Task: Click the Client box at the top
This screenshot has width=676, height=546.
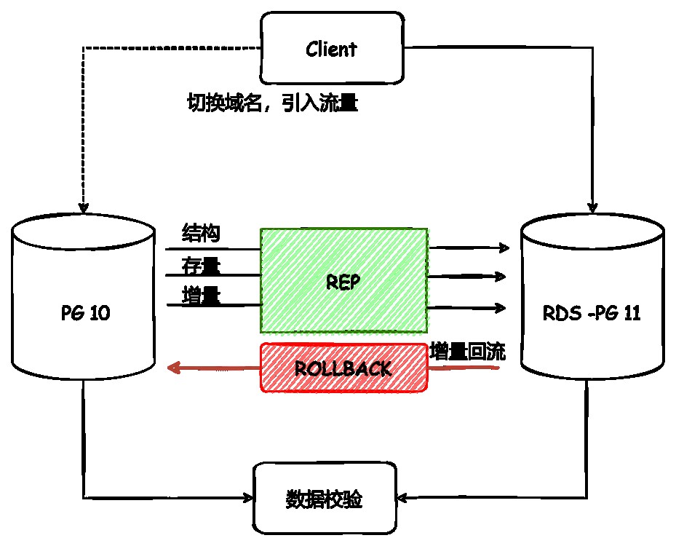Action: coord(331,49)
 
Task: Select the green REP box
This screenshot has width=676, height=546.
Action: coord(343,281)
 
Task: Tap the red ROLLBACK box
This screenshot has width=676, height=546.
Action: coord(343,368)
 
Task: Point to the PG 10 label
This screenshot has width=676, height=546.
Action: coord(85,313)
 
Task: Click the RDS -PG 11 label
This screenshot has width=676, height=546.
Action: coord(592,313)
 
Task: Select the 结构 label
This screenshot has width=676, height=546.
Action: coord(201,234)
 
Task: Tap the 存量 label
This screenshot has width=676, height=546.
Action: coord(201,266)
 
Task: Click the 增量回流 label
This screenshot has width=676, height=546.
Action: coord(467,352)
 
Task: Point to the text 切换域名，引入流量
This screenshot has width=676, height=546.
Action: coord(272,103)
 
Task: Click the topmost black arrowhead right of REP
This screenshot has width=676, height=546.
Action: coord(504,248)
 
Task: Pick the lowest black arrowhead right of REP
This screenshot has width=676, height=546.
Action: coord(501,308)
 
